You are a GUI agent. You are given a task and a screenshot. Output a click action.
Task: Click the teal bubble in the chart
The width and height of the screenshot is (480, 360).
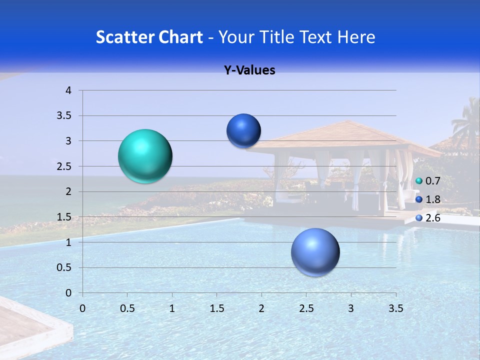[145, 156]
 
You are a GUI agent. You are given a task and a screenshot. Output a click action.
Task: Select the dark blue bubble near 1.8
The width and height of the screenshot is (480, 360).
[243, 130]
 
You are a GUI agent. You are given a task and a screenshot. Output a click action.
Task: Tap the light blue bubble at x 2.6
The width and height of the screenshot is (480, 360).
[315, 252]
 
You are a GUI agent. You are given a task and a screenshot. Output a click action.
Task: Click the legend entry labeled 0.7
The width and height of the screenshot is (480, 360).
[428, 181]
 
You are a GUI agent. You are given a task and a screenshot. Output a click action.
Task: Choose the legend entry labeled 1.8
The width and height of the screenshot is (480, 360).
[428, 199]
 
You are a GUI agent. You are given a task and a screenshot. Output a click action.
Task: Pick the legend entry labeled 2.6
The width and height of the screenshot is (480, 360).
[428, 218]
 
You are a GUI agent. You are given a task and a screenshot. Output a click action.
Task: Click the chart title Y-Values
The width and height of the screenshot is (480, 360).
[249, 70]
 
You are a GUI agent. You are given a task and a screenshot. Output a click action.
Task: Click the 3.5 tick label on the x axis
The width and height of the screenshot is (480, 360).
[395, 308]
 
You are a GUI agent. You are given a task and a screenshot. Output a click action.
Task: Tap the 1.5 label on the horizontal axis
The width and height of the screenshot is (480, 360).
[216, 308]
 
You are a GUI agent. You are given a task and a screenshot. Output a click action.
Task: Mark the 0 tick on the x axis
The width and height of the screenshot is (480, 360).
[82, 308]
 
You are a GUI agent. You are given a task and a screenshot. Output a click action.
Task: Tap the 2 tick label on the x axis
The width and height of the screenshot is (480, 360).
[261, 308]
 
